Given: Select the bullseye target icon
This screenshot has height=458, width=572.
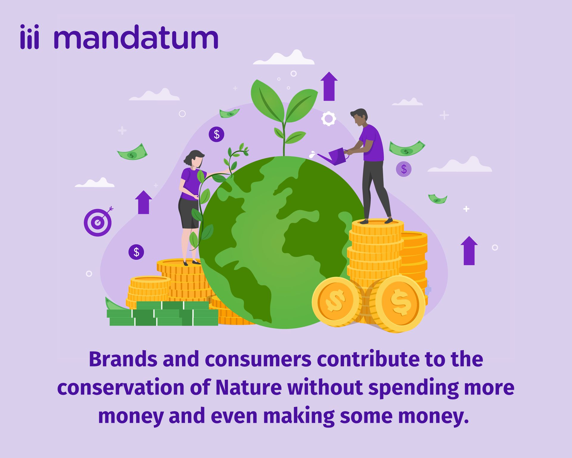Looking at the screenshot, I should coord(98,222).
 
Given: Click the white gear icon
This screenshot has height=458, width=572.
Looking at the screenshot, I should coord(328,119).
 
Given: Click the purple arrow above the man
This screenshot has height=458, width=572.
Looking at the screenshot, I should coord(329,86).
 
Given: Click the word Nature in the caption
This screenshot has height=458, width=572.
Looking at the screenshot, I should coord(248,387).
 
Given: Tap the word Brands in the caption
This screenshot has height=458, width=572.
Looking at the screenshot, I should coord(123,359).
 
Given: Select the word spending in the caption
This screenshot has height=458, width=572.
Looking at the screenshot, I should coord(414,388).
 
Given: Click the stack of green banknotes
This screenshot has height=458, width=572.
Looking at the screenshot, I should coord(163,314).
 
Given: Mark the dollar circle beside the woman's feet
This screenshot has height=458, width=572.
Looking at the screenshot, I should coord(136,252).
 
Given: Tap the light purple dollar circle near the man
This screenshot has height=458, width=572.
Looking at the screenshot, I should coord(404,169).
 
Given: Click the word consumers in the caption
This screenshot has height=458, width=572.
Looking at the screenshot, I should coord(258,359).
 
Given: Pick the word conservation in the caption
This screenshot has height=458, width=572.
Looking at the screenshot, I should coord(121,387).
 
